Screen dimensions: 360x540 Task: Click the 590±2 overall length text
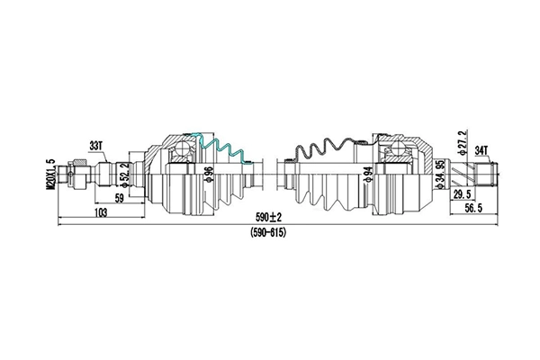tap(268, 218)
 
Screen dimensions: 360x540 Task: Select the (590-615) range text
tap(269, 232)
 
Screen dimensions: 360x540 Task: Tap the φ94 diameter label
tap(369, 173)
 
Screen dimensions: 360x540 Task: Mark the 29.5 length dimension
tap(463, 193)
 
